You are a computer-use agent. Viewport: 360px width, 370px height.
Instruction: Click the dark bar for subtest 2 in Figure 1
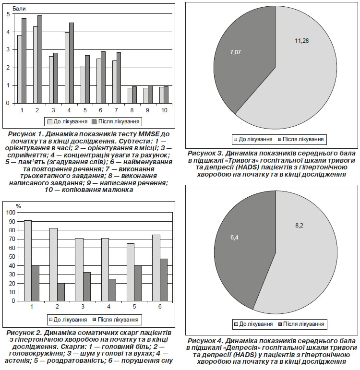(x=40, y=60)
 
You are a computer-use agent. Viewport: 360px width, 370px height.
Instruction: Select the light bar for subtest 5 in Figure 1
(x=83, y=85)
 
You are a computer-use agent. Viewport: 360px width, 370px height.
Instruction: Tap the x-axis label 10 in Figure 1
(x=164, y=110)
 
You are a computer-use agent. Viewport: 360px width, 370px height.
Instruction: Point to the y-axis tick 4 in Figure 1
(x=8, y=32)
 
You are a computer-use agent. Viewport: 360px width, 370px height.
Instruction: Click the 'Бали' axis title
(x=19, y=9)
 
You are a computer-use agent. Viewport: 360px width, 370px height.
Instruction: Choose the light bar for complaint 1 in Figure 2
(x=28, y=261)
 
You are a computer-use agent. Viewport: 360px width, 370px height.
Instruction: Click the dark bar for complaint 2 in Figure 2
(x=61, y=292)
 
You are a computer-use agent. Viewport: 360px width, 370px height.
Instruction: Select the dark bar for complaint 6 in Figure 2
(x=164, y=280)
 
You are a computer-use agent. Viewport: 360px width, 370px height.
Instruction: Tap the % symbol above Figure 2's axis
(x=18, y=206)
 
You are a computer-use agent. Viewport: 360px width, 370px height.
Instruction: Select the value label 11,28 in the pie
(x=302, y=41)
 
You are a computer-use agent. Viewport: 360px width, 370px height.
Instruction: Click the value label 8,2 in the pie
(x=299, y=226)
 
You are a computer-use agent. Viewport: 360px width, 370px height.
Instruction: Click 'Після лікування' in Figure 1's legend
(x=119, y=121)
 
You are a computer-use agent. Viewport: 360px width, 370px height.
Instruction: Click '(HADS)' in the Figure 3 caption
(x=244, y=167)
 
